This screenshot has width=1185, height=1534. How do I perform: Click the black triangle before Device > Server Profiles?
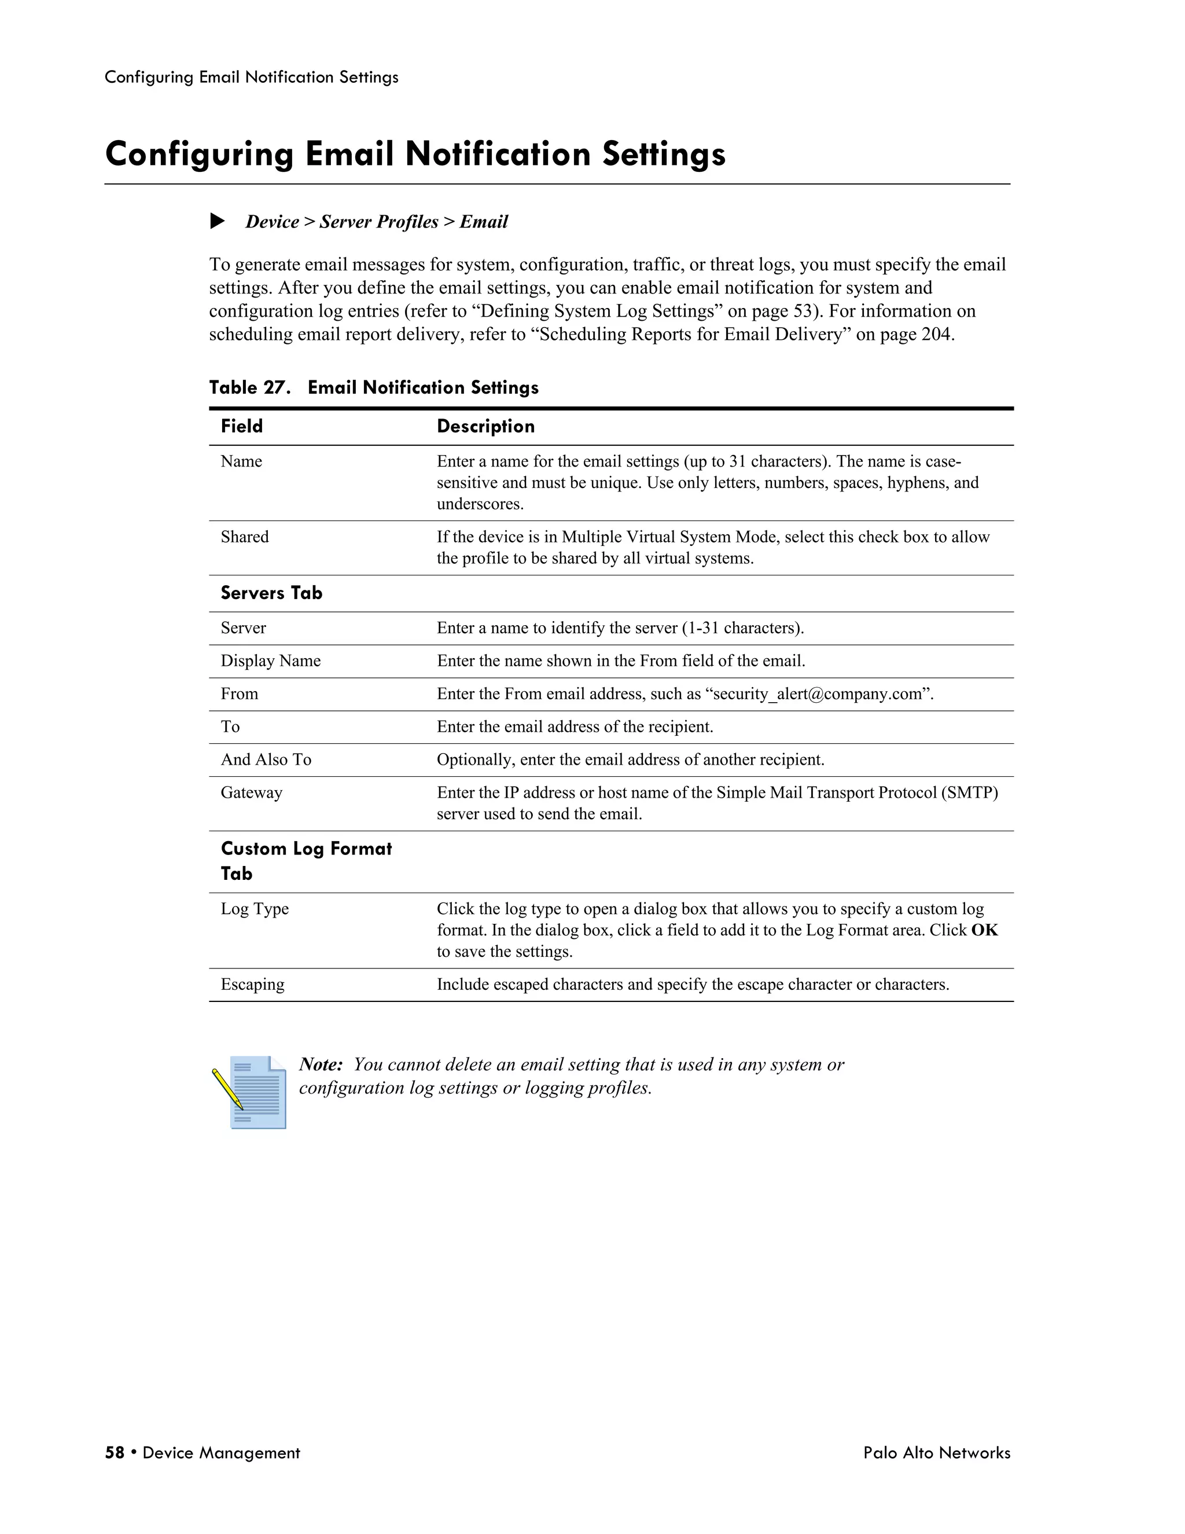pyautogui.click(x=218, y=221)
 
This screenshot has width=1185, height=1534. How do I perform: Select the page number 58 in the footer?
pyautogui.click(x=115, y=1452)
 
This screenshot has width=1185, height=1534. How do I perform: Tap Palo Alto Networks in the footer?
pyautogui.click(x=937, y=1452)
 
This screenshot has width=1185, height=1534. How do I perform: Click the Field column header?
pyautogui.click(x=241, y=427)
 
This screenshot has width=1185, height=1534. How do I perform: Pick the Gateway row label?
pyautogui.click(x=251, y=792)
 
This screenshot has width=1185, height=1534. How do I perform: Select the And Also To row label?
pyautogui.click(x=266, y=759)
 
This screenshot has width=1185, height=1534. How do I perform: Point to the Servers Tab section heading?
pyautogui.click(x=271, y=593)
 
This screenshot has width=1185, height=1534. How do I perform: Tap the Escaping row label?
pyautogui.click(x=253, y=984)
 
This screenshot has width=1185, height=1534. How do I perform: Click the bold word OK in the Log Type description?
pyautogui.click(x=984, y=930)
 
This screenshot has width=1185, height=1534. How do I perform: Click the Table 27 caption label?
pyautogui.click(x=249, y=388)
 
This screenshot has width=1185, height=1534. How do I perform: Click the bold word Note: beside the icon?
pyautogui.click(x=321, y=1064)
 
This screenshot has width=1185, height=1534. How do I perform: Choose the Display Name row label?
pyautogui.click(x=270, y=661)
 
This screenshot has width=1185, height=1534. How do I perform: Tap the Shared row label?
pyautogui.click(x=244, y=537)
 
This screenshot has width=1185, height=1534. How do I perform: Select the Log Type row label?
pyautogui.click(x=255, y=909)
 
